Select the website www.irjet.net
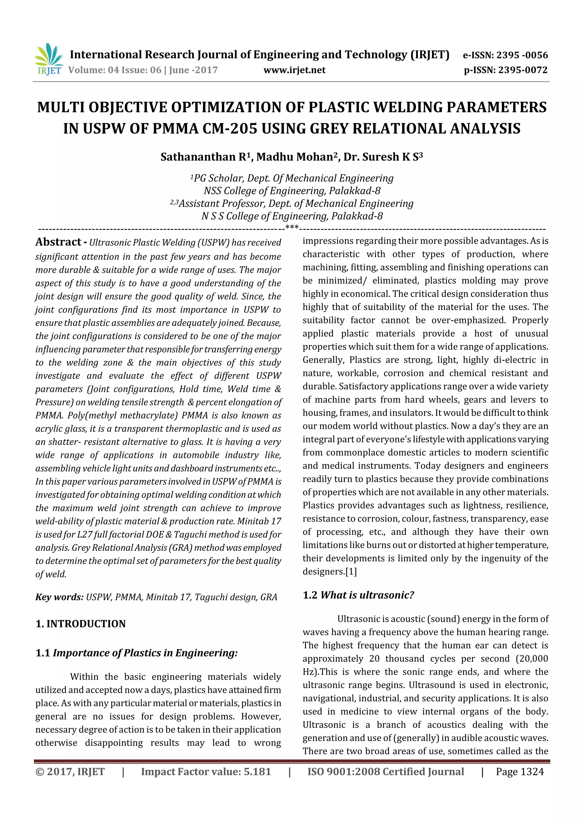pos(294,70)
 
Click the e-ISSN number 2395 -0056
pos(522,55)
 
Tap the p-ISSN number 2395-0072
pos(522,70)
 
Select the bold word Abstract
pos(58,242)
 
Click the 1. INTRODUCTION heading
pos(81,624)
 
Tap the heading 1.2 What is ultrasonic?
pos(358,595)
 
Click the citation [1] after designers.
pos(351,571)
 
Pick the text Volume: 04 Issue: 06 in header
pos(115,70)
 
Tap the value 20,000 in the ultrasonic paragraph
pos(534,658)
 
